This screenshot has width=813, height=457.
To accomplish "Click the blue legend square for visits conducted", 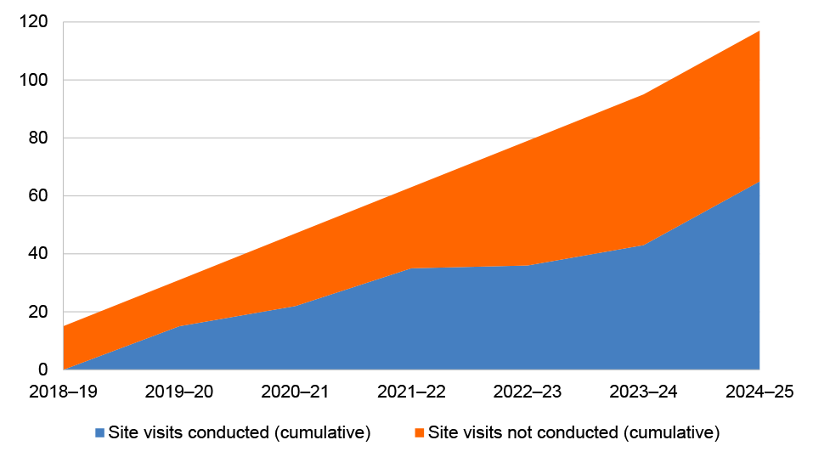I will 100,432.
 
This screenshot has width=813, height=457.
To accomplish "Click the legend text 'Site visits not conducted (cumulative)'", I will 573,432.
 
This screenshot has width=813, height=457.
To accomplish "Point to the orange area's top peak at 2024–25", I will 759,31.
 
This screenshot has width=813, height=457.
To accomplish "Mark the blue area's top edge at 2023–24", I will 643,245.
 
